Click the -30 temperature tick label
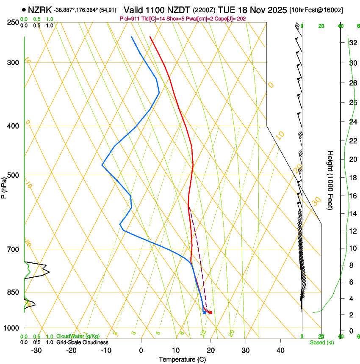(37, 350)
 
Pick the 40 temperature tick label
(280, 350)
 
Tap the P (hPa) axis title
(4, 186)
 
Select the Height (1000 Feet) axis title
(331, 180)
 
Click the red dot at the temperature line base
(210, 312)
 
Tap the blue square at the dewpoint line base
(205, 312)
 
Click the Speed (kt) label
(321, 342)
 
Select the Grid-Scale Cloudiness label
(82, 342)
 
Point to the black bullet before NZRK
(24, 9)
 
